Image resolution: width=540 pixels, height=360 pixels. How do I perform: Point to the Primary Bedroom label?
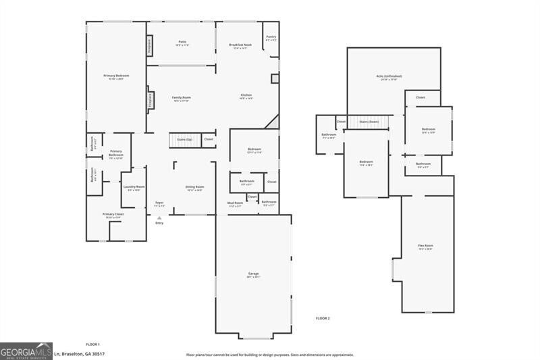click(x=116, y=76)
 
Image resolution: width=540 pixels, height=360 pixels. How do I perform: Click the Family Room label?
click(x=181, y=99)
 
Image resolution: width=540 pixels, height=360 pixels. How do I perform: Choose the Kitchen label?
click(x=246, y=97)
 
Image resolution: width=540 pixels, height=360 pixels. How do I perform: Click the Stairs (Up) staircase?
click(x=184, y=140)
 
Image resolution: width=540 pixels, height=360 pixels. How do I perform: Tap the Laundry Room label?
click(x=134, y=188)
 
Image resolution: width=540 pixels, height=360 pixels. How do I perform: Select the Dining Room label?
click(x=195, y=188)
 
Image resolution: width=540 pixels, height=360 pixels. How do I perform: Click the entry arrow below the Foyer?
click(x=159, y=217)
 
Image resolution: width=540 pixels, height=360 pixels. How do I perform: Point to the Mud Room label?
click(x=234, y=204)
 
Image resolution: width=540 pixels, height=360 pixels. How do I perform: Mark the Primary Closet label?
click(x=111, y=215)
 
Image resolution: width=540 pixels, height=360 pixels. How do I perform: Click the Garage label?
click(x=253, y=274)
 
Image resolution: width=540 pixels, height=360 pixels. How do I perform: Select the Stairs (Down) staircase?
click(x=369, y=122)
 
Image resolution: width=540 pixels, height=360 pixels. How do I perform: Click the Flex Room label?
click(x=425, y=247)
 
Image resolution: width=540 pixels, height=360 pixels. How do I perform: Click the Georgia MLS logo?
click(x=26, y=351)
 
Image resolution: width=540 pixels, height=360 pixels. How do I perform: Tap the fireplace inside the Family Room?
click(x=150, y=100)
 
